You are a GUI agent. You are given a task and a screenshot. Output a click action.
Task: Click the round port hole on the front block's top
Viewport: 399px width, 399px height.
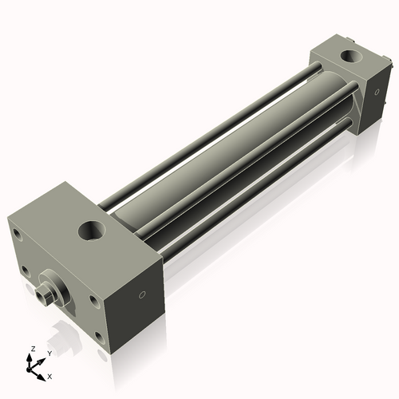tap(91, 232)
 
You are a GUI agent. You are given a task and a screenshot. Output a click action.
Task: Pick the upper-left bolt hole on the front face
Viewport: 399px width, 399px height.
tap(18, 234)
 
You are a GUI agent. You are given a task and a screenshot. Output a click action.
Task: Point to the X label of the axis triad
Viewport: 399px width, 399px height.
tap(50, 375)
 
